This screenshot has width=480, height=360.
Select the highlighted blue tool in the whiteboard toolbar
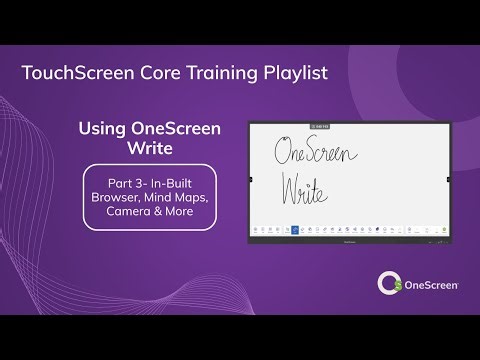(x=295, y=230)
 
